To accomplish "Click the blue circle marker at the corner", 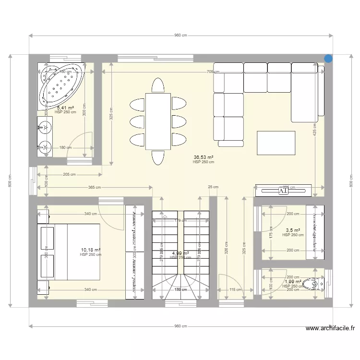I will (x=328, y=59).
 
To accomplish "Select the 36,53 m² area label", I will (x=204, y=157).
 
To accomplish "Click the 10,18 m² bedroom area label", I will (x=91, y=250).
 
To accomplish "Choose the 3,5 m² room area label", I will (x=293, y=230).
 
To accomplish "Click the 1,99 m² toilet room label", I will (x=293, y=282).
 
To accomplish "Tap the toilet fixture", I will (x=314, y=285).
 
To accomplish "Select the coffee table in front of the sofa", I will (x=276, y=143).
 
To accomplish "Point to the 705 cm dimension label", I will (x=213, y=72).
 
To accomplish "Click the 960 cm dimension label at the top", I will (x=180, y=36).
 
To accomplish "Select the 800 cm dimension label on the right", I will (x=351, y=180).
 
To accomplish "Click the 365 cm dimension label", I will (x=94, y=188).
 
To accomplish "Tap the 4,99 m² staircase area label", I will (x=180, y=253).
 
